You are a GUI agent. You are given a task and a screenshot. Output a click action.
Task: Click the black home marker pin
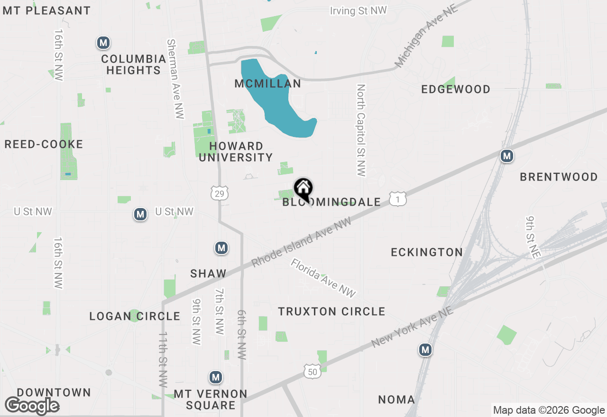(303, 190)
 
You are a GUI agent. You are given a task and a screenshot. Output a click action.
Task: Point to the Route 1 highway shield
(397, 199)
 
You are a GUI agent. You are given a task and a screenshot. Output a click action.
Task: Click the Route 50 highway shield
(313, 372)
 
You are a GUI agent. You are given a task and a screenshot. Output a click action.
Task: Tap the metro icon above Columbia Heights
(103, 43)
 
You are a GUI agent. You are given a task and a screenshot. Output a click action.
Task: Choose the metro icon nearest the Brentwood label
(507, 155)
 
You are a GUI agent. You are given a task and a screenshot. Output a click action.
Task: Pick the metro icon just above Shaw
(221, 248)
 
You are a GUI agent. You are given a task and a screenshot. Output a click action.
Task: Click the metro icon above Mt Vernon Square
(216, 378)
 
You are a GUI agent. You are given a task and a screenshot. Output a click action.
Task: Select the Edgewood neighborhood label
(456, 89)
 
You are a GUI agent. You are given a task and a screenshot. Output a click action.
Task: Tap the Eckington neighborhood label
(427, 252)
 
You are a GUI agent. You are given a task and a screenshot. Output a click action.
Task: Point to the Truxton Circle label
(331, 311)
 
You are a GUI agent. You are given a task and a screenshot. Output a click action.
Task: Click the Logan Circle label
(135, 316)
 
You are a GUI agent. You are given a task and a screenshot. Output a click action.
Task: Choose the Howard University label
(236, 152)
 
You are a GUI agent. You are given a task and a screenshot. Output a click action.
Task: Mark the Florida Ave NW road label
(323, 278)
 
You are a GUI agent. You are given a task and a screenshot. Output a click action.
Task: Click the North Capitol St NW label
(361, 130)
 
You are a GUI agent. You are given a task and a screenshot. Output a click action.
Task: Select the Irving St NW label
(358, 11)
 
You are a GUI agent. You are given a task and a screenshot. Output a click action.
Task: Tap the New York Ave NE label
(413, 327)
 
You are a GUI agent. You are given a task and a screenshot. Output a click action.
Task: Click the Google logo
(32, 406)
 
